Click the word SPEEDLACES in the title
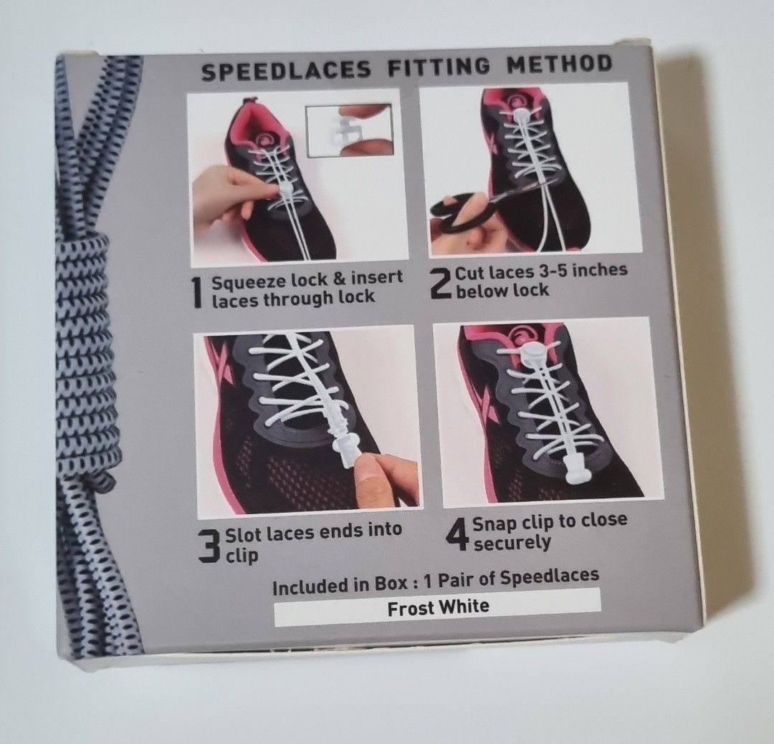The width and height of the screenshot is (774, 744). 285,71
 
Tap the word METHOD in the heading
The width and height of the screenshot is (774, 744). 559,64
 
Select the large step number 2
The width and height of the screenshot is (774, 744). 441,282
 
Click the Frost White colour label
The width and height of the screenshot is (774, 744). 438,607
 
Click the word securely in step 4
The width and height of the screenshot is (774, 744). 512,543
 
